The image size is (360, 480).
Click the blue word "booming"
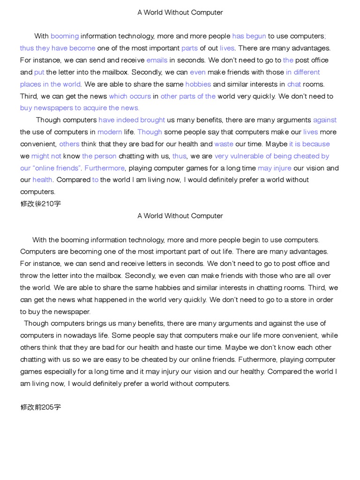pos(65,36)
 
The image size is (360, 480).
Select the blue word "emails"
pos(157,60)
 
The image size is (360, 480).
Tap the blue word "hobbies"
pos(198,84)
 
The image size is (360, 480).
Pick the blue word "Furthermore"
pos(105,168)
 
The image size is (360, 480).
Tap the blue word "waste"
pos(224,144)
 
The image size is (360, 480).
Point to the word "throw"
pos(29,276)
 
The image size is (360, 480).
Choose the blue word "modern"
pos(110,132)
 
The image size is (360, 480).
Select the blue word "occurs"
pos(140,96)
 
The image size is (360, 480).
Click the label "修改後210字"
pos(40,203)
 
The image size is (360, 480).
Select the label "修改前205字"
pos(40,407)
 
